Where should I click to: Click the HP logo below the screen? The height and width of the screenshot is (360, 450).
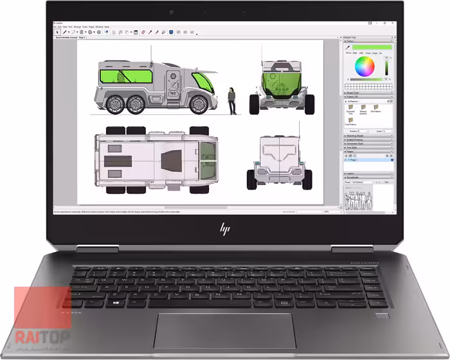coord(225,228)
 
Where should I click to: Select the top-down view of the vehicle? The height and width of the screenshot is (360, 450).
coord(156,157)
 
